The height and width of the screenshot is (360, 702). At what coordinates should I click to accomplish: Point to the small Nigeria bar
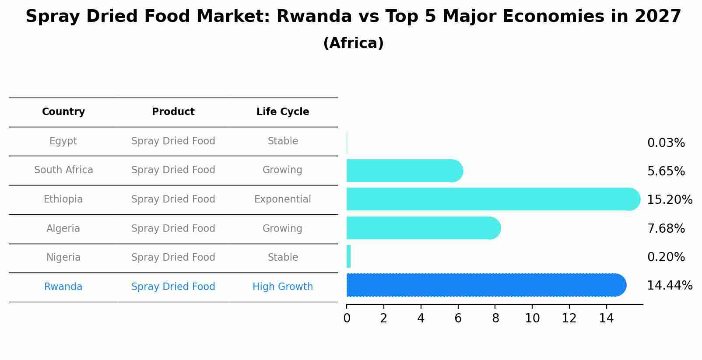coord(349,256)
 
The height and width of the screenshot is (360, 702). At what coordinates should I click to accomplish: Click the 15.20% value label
coord(669,200)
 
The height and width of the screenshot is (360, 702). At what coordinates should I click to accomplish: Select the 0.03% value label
coord(666,143)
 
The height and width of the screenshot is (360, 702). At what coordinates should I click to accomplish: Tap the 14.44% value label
coord(669,286)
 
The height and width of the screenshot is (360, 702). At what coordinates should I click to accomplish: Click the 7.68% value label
coord(666,228)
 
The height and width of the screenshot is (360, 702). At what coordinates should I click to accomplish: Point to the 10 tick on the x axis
coord(532,318)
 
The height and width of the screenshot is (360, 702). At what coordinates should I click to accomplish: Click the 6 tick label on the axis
coord(458,318)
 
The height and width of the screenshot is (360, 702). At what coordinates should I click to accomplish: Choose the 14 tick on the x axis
coord(606,318)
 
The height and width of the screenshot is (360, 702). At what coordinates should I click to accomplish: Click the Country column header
coord(63,112)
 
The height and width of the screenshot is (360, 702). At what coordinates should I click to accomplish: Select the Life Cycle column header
coord(283,112)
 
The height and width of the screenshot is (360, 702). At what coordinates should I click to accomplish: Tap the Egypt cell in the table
coord(63,141)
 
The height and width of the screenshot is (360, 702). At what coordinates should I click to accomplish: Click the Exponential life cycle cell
coord(283,199)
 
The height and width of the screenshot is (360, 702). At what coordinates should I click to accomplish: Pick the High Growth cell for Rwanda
coord(283,287)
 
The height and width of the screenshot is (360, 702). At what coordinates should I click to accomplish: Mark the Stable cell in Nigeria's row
coord(283,258)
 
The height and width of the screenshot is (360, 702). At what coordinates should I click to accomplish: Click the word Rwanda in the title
coord(314,17)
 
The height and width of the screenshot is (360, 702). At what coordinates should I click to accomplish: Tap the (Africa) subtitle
coord(353,43)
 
